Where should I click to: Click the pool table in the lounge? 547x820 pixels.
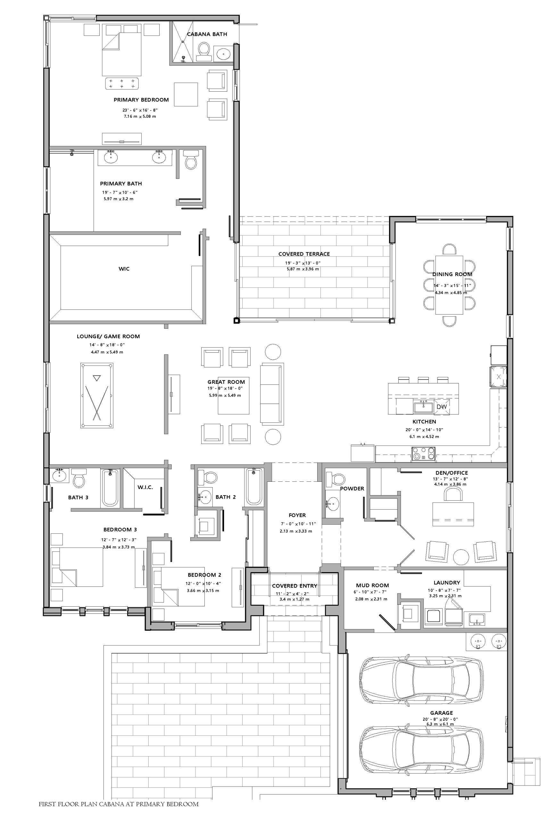(x=97, y=395)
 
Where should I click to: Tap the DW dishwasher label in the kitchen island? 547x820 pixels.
(x=441, y=406)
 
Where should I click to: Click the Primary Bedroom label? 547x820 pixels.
(x=141, y=100)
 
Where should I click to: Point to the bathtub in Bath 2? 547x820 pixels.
(x=254, y=486)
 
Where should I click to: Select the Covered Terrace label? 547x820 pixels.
(x=304, y=254)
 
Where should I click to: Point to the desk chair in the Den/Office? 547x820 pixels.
(x=453, y=494)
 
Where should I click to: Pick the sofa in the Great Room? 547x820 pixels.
(x=272, y=394)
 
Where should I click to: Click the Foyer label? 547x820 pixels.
(x=297, y=515)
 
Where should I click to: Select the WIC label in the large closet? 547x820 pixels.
(x=124, y=268)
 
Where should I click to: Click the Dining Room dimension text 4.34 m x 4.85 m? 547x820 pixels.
(x=451, y=292)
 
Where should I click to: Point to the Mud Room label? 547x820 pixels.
(x=372, y=585)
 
